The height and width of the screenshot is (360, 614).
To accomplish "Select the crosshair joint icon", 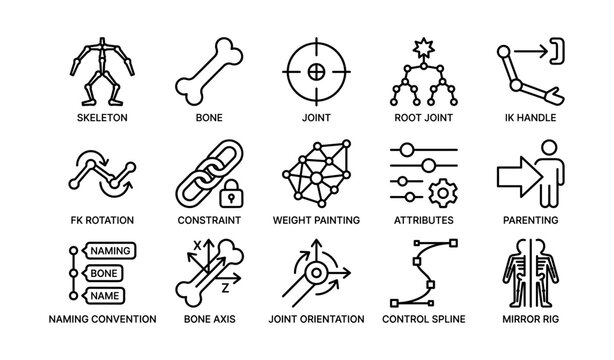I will point(313,73).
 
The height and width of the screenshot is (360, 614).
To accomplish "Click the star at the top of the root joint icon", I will point(418,48).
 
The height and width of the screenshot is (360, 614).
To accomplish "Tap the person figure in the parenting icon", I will point(539,170).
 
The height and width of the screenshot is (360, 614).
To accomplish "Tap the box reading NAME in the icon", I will point(105,296).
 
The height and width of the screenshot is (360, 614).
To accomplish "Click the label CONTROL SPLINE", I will point(418,320).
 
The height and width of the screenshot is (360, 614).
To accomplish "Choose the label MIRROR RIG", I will point(525,320).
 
